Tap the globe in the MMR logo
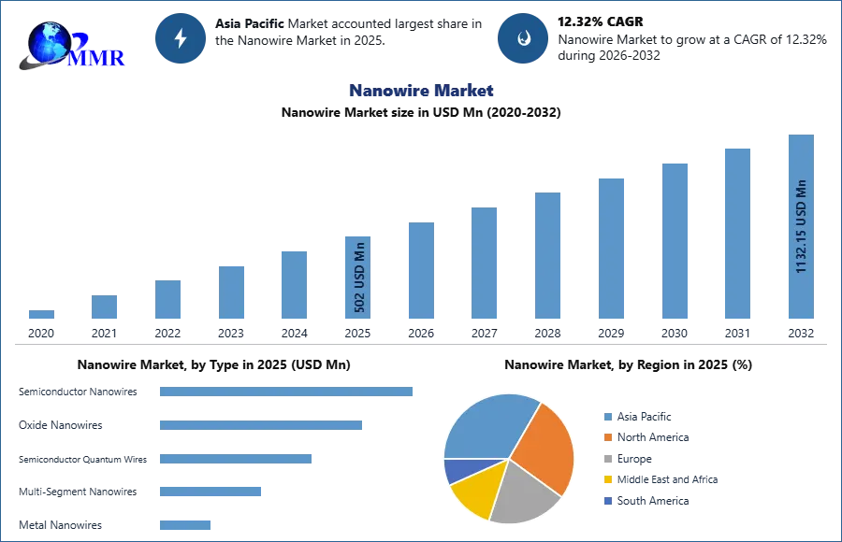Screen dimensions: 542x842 [x=49, y=42]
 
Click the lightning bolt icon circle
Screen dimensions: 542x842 [x=181, y=38]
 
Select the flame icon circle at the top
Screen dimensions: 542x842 [x=523, y=38]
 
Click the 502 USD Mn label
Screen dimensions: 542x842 [x=359, y=277]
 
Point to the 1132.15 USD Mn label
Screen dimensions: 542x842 [x=801, y=226]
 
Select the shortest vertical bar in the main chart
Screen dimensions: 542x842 [x=40, y=314]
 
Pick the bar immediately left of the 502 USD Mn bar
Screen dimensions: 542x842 [x=292, y=284]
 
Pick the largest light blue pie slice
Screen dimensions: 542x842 [x=486, y=425]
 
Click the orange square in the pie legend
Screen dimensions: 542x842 [x=607, y=436]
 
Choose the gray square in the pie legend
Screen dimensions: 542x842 [x=607, y=458]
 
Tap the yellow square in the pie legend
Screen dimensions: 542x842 [x=607, y=478]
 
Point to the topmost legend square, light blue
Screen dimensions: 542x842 [x=607, y=417]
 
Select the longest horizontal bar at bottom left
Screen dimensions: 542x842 [x=287, y=390]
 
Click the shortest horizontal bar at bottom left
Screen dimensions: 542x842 [x=186, y=523]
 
